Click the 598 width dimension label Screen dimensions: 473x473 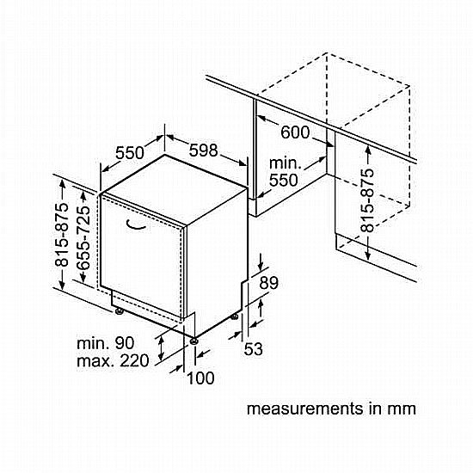pos(203,150)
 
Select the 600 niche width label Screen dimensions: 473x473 pos(295,132)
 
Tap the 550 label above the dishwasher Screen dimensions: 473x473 pos(130,152)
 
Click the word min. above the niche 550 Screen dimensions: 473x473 pos(285,163)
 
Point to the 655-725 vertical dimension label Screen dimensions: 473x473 pos(83,238)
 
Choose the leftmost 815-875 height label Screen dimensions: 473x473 pos(61,235)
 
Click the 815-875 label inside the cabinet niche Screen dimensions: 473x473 pos(367,200)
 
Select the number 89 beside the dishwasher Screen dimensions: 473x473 pos(269,283)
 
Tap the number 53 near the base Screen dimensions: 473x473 pos(254,349)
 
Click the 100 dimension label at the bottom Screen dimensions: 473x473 pos(200,378)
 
